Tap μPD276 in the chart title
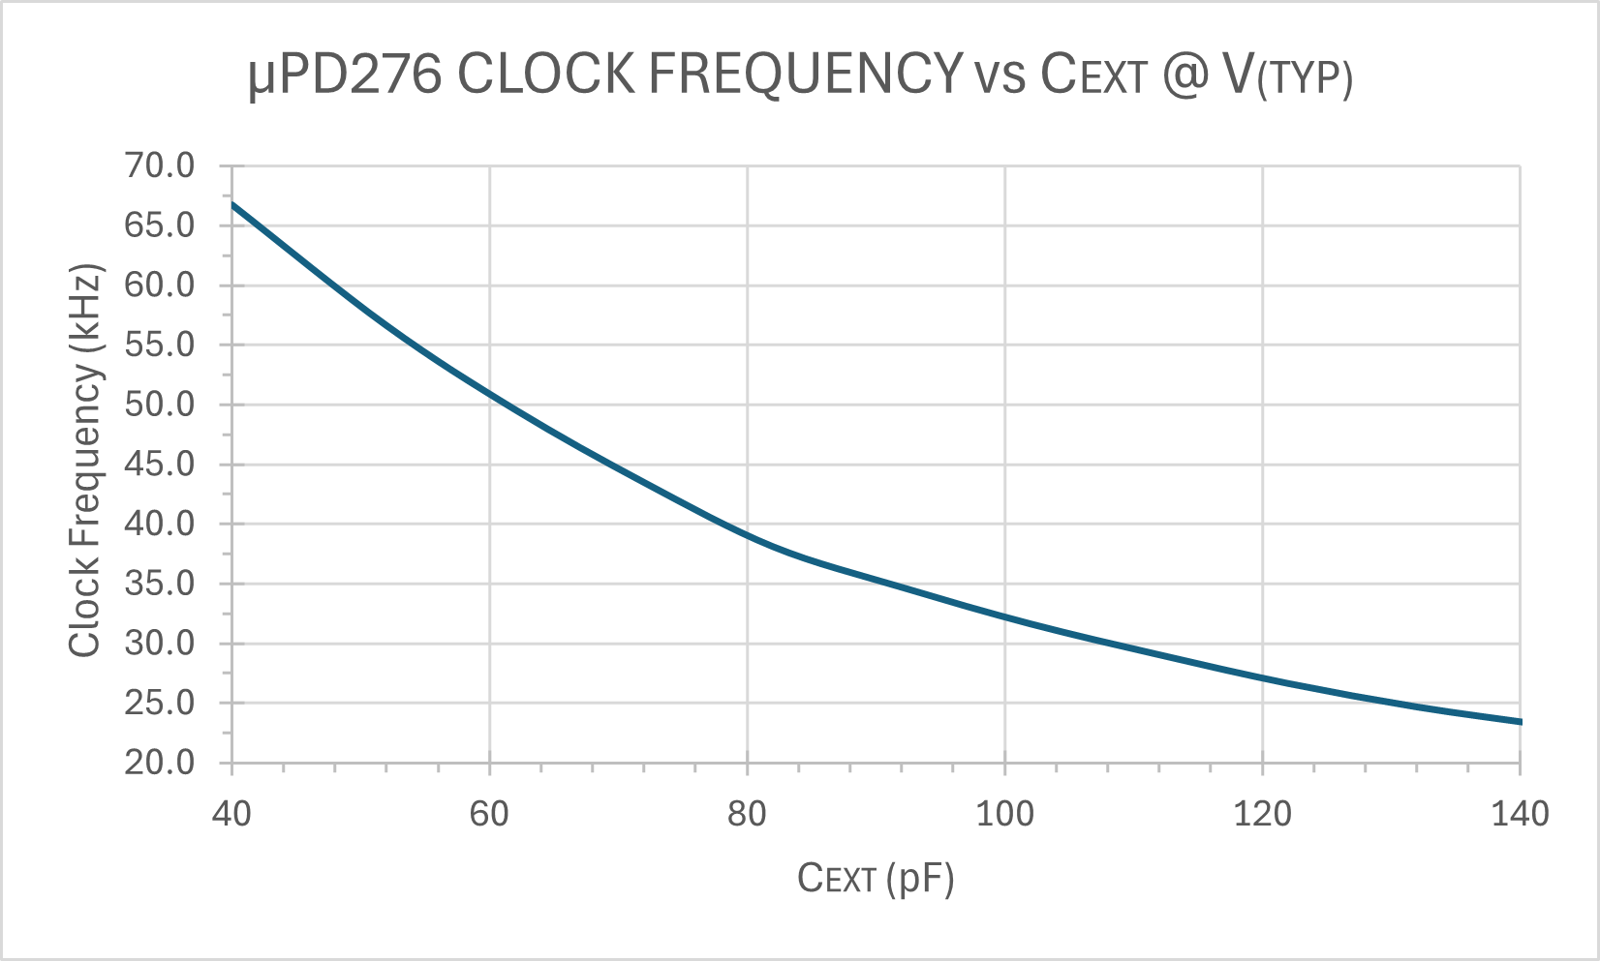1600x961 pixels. coord(344,75)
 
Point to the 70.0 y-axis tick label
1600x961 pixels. coord(160,166)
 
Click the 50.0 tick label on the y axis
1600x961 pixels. coord(160,405)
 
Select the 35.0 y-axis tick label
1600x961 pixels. coord(160,584)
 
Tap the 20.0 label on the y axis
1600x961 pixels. coord(160,763)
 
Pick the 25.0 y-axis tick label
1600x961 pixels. coord(160,703)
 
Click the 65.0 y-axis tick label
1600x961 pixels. coord(160,225)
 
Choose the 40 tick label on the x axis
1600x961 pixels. coord(231,814)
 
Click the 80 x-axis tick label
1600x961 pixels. coord(747,814)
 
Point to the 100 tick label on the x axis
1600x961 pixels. coord(1004,814)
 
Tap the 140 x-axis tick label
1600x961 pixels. coord(1520,814)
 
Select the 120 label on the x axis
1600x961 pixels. coord(1262,814)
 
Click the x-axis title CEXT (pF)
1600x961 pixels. coord(876,879)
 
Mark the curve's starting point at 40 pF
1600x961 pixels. coord(232,204)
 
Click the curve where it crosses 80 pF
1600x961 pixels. coord(747,534)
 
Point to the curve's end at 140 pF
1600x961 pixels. coord(1520,722)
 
